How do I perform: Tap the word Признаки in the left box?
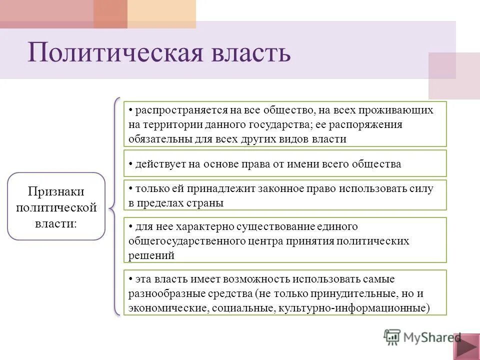56,191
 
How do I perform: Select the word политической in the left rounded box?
56,207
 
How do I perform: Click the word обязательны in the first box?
157,139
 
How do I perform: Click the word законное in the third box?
274,189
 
